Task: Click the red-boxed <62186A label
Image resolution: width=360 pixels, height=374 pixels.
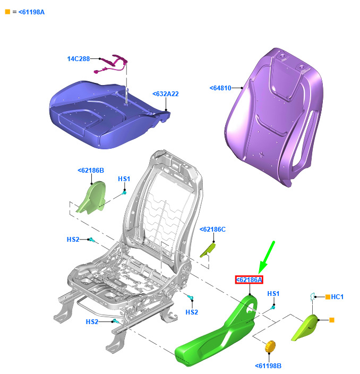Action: tap(249, 279)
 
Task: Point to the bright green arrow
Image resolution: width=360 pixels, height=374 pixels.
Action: tap(267, 257)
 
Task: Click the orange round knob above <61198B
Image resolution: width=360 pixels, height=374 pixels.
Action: tap(270, 346)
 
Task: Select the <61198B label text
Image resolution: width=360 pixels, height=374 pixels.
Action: tap(268, 365)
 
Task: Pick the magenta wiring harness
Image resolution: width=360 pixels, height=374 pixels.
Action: tap(112, 64)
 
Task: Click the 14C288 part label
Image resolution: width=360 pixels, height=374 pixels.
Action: tap(79, 58)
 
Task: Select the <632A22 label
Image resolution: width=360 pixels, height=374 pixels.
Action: tap(166, 93)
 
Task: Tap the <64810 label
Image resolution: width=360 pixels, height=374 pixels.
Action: tap(220, 88)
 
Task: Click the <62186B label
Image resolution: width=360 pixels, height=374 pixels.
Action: tap(91, 171)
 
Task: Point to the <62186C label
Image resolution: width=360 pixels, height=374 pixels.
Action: tap(212, 229)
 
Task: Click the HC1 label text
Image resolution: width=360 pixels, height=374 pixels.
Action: tap(337, 297)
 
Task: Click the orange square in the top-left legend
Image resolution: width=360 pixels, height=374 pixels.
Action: tap(7, 12)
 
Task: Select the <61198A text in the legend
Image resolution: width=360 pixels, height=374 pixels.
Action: tap(31, 12)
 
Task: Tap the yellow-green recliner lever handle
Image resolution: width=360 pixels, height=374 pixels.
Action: tap(305, 327)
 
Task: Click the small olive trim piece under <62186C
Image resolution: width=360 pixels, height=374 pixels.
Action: tap(208, 250)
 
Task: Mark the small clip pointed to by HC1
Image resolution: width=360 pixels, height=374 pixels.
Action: tap(312, 297)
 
